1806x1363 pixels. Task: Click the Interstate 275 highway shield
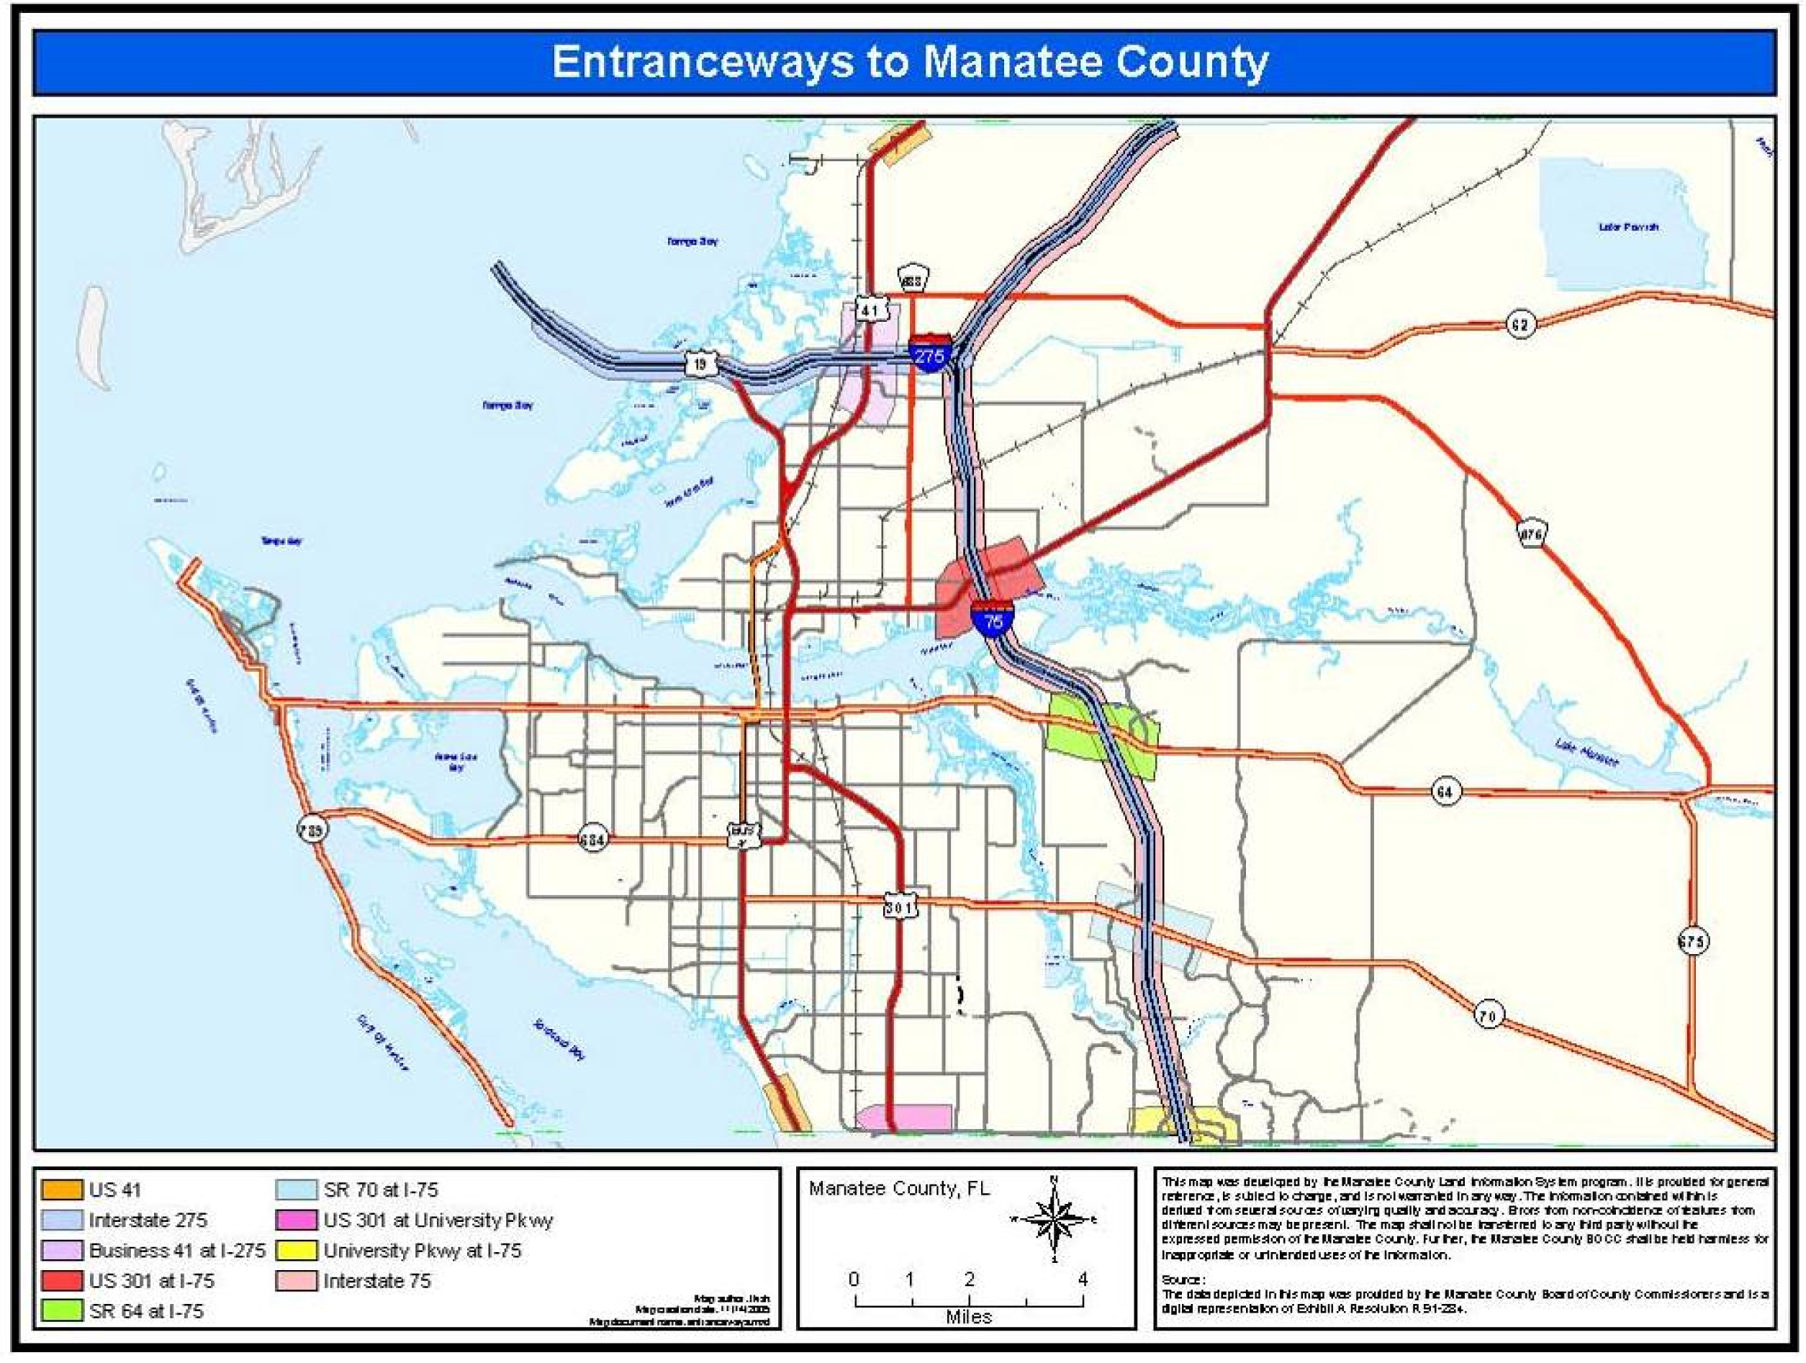click(930, 353)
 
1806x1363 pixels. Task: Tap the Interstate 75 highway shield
click(992, 618)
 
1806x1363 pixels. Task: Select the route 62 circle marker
click(1520, 323)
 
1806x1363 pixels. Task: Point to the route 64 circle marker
click(1445, 791)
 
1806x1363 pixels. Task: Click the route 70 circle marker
click(1488, 1015)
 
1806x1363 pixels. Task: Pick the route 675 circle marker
click(1692, 941)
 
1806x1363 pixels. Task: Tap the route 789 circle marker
click(312, 829)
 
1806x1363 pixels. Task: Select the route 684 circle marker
click(592, 839)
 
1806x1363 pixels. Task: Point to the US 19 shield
click(701, 364)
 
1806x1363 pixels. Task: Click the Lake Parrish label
click(1628, 226)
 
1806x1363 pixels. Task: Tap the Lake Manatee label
click(1586, 751)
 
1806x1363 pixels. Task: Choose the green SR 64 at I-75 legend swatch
click(62, 1310)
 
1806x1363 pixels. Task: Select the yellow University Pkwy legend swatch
click(297, 1250)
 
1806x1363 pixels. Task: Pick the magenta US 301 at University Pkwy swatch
click(297, 1220)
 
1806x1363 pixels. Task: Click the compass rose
click(1054, 1219)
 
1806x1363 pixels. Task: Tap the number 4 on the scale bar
click(1083, 1279)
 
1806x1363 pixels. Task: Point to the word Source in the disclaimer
click(1181, 1279)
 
